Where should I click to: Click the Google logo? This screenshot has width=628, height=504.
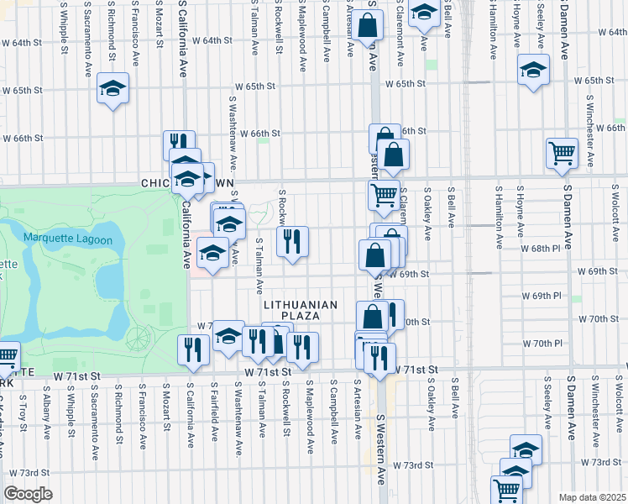(28, 494)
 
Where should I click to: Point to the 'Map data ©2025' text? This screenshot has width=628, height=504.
(592, 497)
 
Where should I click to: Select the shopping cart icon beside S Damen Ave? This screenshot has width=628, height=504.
(561, 153)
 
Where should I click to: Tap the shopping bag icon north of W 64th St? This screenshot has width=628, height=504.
(367, 26)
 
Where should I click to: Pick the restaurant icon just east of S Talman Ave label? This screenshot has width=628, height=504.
(292, 241)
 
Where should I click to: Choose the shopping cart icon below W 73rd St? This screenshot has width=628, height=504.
(507, 489)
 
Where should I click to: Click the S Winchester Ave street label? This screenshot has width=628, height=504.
(592, 139)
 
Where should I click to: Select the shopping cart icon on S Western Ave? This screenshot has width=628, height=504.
(384, 195)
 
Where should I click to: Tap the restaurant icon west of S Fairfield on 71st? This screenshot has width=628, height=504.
(194, 349)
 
